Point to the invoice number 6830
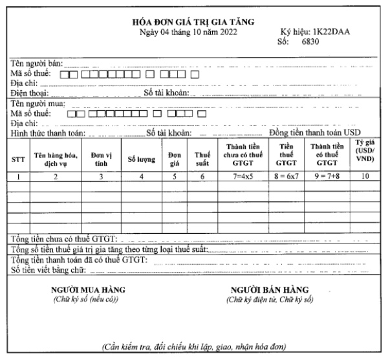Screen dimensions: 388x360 [320, 42]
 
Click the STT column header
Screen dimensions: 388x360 [19, 159]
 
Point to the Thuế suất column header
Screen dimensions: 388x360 [202, 159]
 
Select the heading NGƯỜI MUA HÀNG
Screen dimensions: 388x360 [88, 289]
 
